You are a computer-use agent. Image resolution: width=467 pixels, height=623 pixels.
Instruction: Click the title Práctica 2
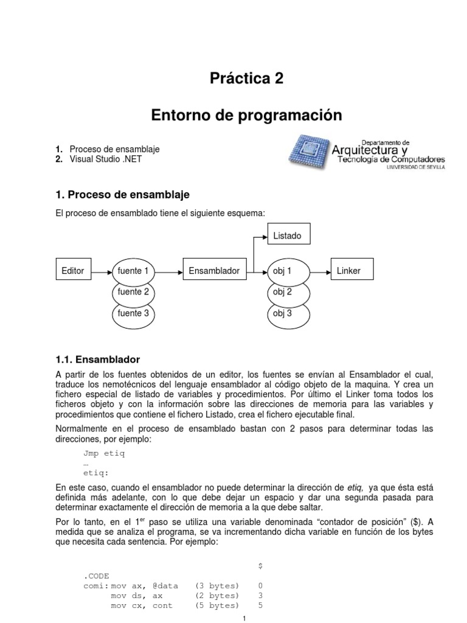point(246,78)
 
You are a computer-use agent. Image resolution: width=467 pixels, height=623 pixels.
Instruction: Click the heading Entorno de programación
point(246,115)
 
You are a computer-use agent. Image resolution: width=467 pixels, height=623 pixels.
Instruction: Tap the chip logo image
point(308,152)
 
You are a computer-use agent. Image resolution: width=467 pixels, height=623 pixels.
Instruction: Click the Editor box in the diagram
point(73,270)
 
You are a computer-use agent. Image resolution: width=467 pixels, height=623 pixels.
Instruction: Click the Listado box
point(287,235)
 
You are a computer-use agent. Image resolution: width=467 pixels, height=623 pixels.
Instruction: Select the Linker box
point(348,270)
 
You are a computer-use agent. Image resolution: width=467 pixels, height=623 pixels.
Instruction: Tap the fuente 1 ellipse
point(133,270)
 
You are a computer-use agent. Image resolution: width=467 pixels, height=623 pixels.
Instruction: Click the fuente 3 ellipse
point(133,314)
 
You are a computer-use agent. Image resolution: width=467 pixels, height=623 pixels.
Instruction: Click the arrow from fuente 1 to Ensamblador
point(168,270)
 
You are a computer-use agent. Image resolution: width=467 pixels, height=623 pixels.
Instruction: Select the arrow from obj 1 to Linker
point(320,270)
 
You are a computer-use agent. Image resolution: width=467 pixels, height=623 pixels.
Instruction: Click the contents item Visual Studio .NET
point(108,159)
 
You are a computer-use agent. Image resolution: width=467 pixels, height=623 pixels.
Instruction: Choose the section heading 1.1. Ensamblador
point(98,360)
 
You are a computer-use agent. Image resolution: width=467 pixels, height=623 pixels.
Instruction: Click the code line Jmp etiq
point(104,453)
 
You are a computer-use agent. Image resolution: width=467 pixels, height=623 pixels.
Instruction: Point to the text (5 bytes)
point(217,606)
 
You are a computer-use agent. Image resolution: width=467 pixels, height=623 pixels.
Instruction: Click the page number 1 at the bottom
point(243,619)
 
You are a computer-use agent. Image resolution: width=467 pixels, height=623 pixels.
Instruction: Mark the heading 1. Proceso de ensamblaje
point(122,195)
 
